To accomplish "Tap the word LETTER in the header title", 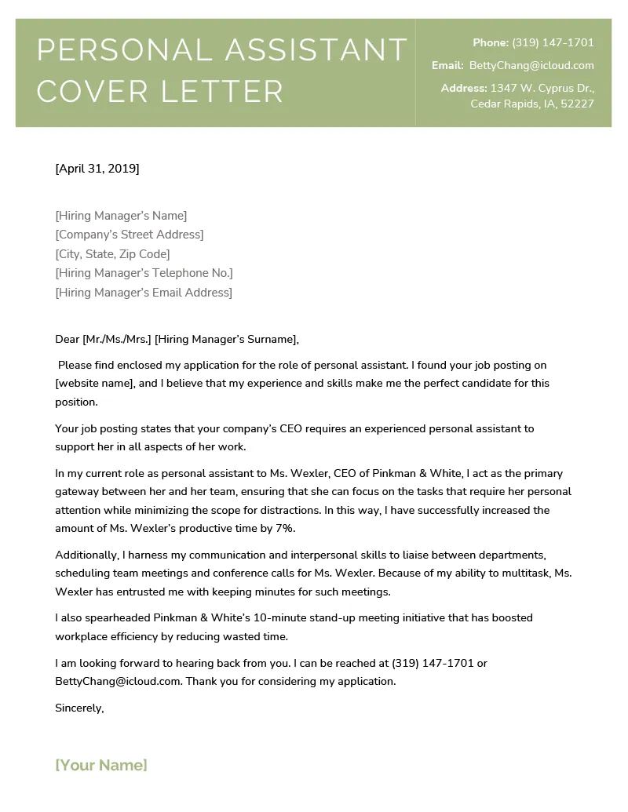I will click(221, 92).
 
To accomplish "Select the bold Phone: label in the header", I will click(491, 42).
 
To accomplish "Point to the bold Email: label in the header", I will click(447, 66).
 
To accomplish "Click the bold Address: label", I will click(464, 88).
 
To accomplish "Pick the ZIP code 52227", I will click(577, 104).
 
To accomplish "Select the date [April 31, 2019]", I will click(97, 168).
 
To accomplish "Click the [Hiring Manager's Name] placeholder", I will click(121, 215).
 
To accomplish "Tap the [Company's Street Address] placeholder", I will click(130, 235).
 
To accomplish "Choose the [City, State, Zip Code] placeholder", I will click(112, 254).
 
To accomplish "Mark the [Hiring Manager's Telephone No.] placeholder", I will click(144, 273).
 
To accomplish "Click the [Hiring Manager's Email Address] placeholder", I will click(144, 293).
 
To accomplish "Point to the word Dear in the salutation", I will click(68, 339).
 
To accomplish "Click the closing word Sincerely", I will click(79, 708).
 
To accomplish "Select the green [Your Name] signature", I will click(101, 765).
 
